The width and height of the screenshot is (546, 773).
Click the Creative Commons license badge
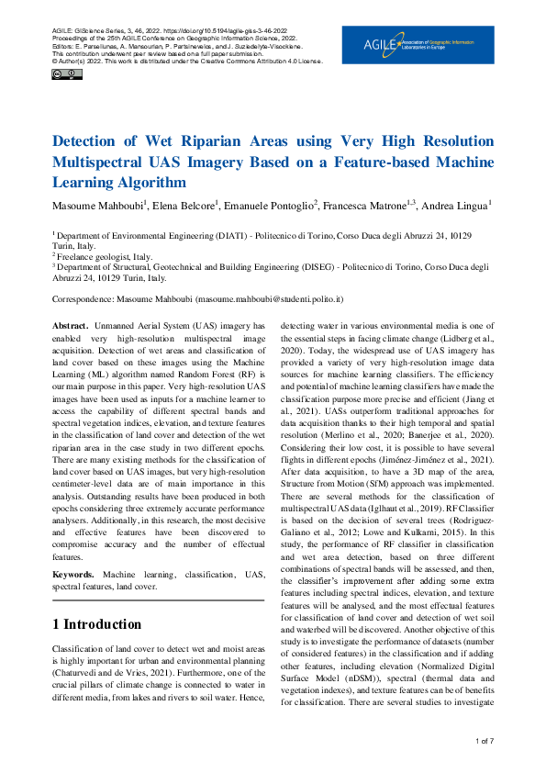(x=63, y=73)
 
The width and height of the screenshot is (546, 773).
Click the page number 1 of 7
(x=485, y=740)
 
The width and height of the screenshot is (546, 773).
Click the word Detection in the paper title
(x=89, y=142)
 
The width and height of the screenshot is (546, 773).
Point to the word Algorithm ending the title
(x=142, y=183)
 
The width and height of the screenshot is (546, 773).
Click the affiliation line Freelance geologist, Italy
(x=105, y=256)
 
